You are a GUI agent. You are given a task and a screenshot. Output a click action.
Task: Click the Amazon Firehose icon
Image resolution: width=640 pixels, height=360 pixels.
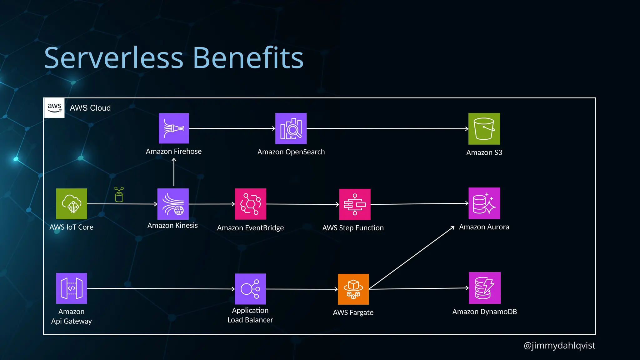coord(174,128)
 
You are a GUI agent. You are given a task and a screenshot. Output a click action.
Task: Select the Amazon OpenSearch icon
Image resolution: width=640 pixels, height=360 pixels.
coord(291,128)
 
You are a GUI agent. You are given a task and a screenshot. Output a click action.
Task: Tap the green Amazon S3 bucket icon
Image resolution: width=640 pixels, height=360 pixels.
coord(484,128)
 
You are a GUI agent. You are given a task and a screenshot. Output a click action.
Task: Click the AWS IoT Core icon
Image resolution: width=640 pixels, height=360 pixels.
coord(72,204)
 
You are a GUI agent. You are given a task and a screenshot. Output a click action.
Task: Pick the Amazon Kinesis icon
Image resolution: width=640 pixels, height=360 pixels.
coord(173,204)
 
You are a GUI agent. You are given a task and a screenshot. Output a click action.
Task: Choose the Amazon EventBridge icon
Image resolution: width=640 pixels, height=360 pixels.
coord(250,204)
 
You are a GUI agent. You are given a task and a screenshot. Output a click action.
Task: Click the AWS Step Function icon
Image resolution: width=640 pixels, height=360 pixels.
coord(355,204)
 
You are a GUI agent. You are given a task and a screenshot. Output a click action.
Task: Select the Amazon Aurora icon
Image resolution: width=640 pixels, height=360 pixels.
coord(484,203)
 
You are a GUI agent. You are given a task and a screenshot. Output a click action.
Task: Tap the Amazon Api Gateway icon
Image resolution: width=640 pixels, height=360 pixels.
coord(72,288)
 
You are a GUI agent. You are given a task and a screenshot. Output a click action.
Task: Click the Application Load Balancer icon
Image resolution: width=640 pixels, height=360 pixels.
coord(250,289)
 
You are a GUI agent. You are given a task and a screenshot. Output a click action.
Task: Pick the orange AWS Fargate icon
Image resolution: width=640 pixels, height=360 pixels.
coord(353,289)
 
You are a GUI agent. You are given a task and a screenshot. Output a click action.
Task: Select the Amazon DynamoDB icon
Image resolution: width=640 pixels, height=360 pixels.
coord(484,288)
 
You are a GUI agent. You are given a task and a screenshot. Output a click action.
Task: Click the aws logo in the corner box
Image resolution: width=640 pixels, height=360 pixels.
coord(54,108)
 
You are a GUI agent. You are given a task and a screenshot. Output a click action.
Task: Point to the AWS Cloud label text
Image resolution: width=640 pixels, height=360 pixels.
coord(90,108)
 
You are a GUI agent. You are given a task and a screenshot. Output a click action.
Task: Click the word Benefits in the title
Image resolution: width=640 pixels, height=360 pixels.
coord(248,58)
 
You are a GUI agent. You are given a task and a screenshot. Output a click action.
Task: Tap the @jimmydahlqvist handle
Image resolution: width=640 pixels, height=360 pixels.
coord(559,345)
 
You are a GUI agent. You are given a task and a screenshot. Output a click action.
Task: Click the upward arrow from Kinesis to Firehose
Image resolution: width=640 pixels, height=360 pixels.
coord(174,172)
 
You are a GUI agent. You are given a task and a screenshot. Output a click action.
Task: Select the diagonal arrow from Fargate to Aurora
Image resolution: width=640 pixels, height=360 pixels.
coord(412,257)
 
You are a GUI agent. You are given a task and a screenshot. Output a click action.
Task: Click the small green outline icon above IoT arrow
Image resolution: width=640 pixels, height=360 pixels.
coord(119,194)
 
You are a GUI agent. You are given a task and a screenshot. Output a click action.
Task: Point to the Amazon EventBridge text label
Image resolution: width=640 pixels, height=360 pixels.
coord(250,228)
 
